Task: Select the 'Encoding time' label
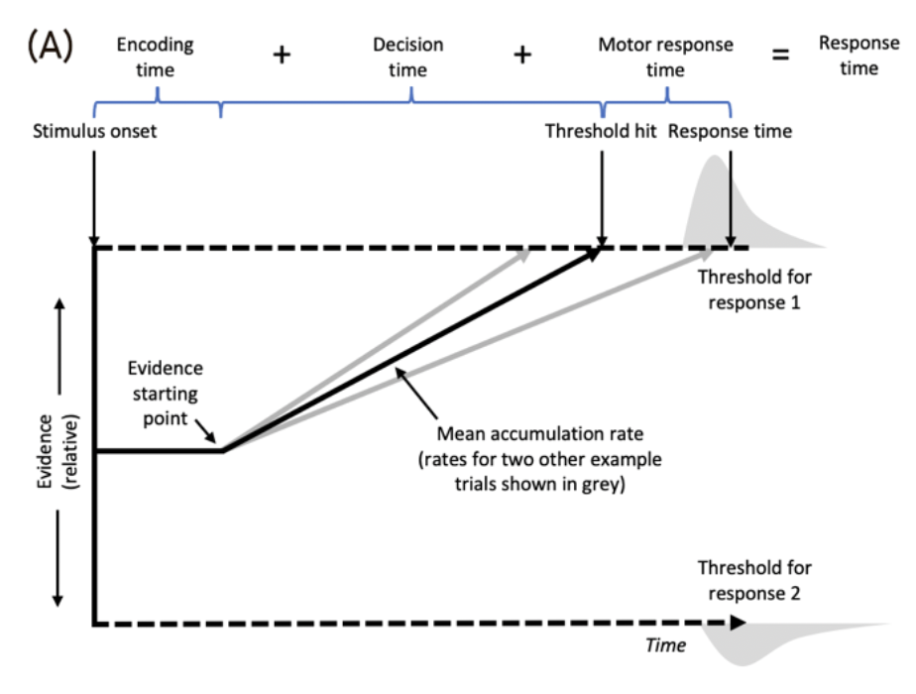pyautogui.click(x=155, y=58)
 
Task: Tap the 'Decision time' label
pyautogui.click(x=407, y=58)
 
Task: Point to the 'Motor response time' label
pyautogui.click(x=665, y=58)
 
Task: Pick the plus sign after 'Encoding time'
pyautogui.click(x=282, y=56)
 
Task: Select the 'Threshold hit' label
pyautogui.click(x=601, y=131)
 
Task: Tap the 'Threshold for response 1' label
pyautogui.click(x=753, y=289)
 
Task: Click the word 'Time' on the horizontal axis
pyautogui.click(x=665, y=645)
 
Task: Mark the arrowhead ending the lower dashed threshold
pyautogui.click(x=739, y=623)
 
